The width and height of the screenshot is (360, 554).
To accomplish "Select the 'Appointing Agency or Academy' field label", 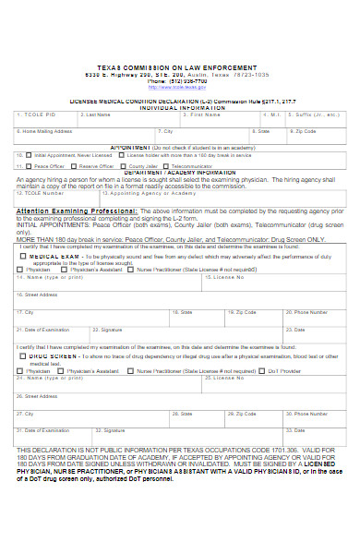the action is click(140, 194).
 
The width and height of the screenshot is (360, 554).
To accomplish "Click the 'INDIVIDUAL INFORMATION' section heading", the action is click(181, 107).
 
